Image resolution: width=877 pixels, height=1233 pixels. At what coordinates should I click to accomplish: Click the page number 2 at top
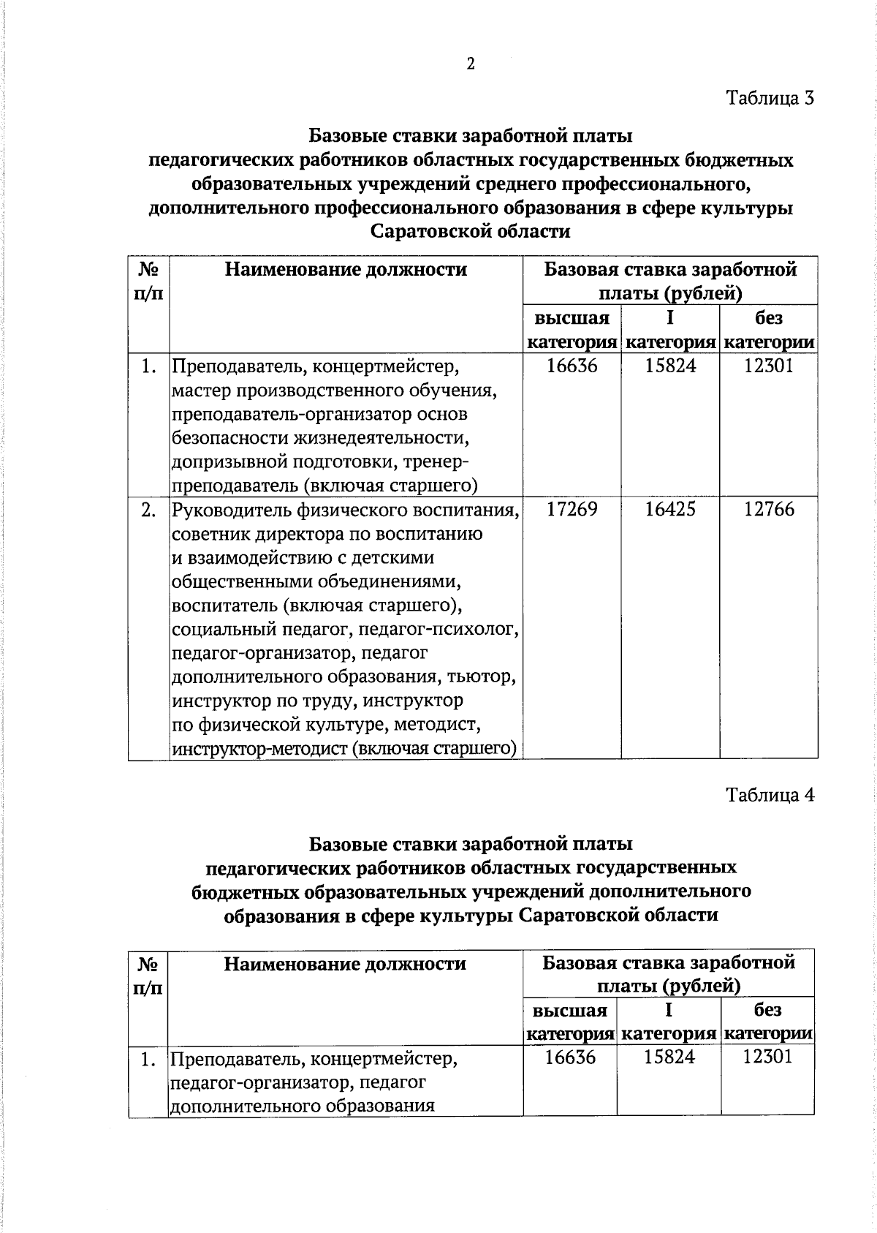click(471, 64)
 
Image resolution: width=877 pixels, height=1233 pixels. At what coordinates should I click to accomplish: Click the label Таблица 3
click(770, 98)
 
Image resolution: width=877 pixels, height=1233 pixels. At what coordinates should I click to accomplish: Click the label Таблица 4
click(770, 795)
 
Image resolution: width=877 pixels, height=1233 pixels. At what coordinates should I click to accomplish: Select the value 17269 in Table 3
click(572, 510)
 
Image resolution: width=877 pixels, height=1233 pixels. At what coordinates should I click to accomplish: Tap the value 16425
click(670, 510)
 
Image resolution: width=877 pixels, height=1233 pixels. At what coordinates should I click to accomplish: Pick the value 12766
click(769, 510)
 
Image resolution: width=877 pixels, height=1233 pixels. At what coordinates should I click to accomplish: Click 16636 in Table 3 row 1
click(572, 366)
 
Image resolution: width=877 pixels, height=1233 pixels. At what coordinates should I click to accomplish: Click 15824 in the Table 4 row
click(669, 1057)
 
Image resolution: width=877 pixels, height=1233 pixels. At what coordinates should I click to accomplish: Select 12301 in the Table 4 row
click(767, 1057)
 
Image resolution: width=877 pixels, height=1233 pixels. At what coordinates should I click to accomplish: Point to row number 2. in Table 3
click(148, 510)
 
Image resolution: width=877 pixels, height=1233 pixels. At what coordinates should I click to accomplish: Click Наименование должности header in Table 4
click(345, 964)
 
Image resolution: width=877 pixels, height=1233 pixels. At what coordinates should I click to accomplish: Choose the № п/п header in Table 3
click(148, 281)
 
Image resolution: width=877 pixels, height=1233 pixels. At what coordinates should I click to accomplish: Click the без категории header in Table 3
click(769, 330)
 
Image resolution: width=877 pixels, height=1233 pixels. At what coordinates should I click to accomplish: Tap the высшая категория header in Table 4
click(570, 1022)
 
